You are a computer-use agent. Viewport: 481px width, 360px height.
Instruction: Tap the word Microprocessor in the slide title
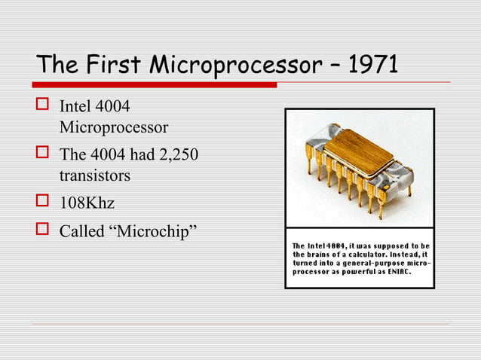pos(233,66)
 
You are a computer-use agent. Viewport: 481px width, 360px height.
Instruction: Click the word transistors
pos(94,175)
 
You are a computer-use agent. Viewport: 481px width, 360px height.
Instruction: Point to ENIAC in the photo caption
pos(396,274)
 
